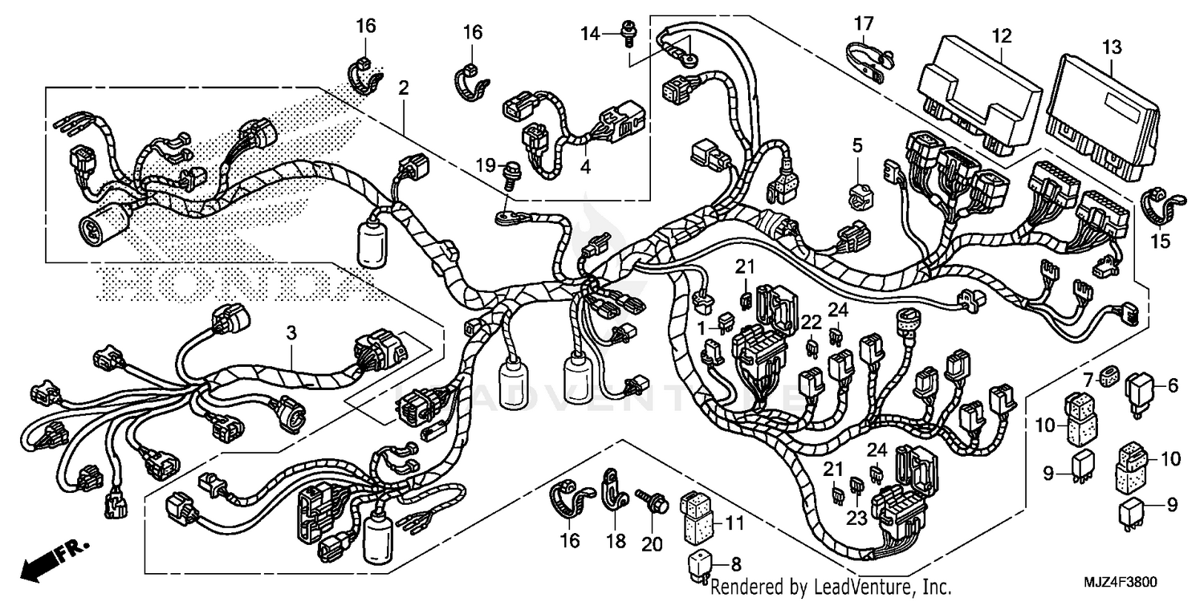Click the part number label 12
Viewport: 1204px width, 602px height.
pos(1002,35)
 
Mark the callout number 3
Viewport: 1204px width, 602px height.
pos(291,332)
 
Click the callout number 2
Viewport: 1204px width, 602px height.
pos(403,87)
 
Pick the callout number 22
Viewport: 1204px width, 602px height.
pos(811,323)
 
